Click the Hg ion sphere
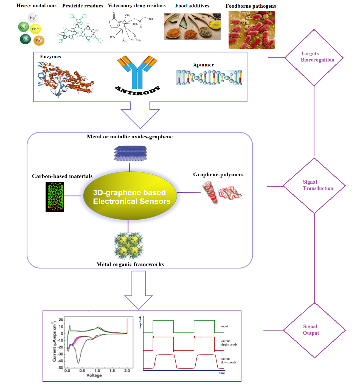click(x=33, y=18)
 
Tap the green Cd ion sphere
click(x=23, y=27)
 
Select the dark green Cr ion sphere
click(x=25, y=39)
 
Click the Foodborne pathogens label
click(x=251, y=6)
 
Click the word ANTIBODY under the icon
click(x=137, y=90)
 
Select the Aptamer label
click(x=203, y=65)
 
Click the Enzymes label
click(x=50, y=57)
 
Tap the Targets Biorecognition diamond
click(x=314, y=58)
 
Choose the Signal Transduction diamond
click(x=314, y=186)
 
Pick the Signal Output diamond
click(x=314, y=330)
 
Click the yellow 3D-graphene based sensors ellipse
click(x=130, y=196)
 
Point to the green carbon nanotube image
click(x=55, y=197)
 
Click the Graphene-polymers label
click(x=218, y=175)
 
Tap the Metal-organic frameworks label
click(x=130, y=264)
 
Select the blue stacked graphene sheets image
click(x=130, y=153)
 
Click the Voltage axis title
click(x=94, y=375)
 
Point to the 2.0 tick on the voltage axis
click(x=127, y=371)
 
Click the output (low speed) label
click(x=228, y=360)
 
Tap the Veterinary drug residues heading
click(x=137, y=5)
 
